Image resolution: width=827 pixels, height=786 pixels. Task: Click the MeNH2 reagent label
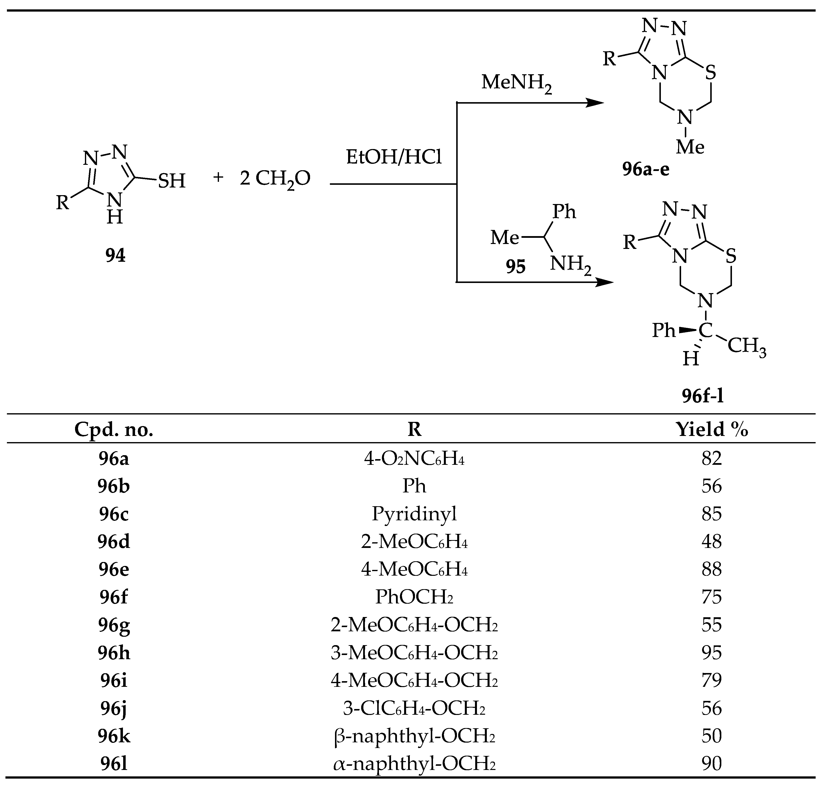click(516, 83)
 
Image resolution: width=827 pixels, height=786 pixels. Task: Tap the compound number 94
click(115, 255)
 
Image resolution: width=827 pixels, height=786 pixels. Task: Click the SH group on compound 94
click(171, 181)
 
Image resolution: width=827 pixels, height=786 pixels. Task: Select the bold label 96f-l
click(703, 395)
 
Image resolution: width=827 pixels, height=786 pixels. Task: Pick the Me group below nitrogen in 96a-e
click(690, 147)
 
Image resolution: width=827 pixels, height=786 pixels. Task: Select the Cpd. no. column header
click(114, 430)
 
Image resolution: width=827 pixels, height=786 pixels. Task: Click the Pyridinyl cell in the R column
click(414, 514)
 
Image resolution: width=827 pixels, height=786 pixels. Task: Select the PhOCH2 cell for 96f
click(414, 597)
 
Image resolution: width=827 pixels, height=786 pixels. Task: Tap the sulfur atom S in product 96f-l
click(730, 256)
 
